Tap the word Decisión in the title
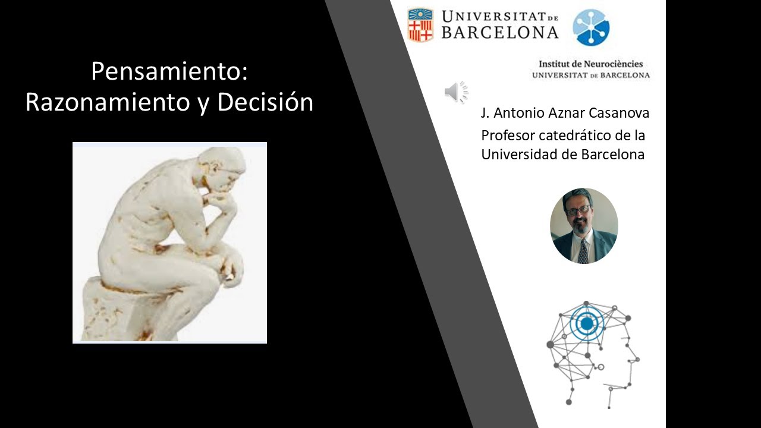click(265, 102)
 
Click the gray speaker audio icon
click(456, 92)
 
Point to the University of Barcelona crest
click(420, 24)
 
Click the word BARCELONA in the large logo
click(500, 32)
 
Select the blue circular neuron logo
click(591, 27)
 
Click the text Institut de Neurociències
click(590, 64)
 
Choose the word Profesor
click(504, 136)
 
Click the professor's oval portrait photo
click(584, 226)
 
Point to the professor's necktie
click(583, 250)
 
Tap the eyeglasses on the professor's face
click(578, 210)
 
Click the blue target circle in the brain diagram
click(587, 323)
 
